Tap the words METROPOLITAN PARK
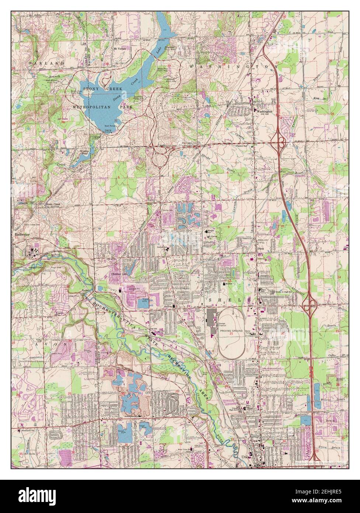[x=103, y=107]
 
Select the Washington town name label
[x=264, y=111]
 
